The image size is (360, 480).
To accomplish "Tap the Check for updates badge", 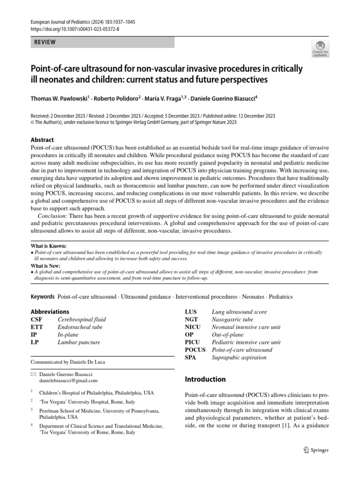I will click(x=320, y=47).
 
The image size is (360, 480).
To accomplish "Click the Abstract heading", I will click(x=42, y=140).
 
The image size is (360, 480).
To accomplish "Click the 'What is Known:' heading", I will click(x=49, y=246).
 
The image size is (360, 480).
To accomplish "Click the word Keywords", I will click(x=43, y=297).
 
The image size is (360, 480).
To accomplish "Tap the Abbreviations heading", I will click(x=50, y=312).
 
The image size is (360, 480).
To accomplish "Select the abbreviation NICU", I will click(x=194, y=327).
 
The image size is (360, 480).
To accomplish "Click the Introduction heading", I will click(x=205, y=379).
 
